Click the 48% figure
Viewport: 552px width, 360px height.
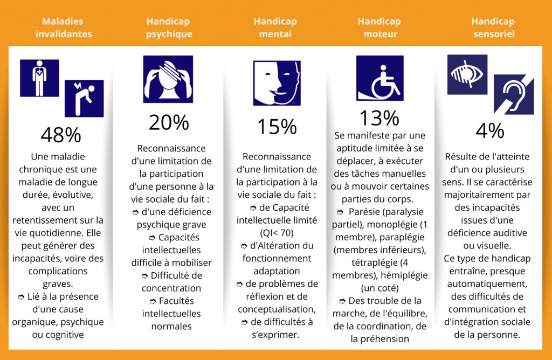point(60,135)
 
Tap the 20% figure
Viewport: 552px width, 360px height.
point(168,123)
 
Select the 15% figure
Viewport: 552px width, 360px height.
point(277,127)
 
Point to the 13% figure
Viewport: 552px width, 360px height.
point(379,117)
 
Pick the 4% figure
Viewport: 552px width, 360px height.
point(489,131)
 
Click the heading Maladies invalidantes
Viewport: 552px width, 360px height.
point(64,27)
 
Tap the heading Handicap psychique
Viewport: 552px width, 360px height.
point(169,27)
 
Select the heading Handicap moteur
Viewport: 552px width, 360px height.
point(379,27)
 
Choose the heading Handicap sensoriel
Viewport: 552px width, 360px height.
point(493,27)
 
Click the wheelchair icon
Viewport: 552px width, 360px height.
point(379,78)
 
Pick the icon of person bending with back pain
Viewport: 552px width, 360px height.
point(84,98)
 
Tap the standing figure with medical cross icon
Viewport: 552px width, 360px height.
point(39,78)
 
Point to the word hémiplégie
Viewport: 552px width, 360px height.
point(402,275)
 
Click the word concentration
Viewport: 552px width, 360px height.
point(168,288)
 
